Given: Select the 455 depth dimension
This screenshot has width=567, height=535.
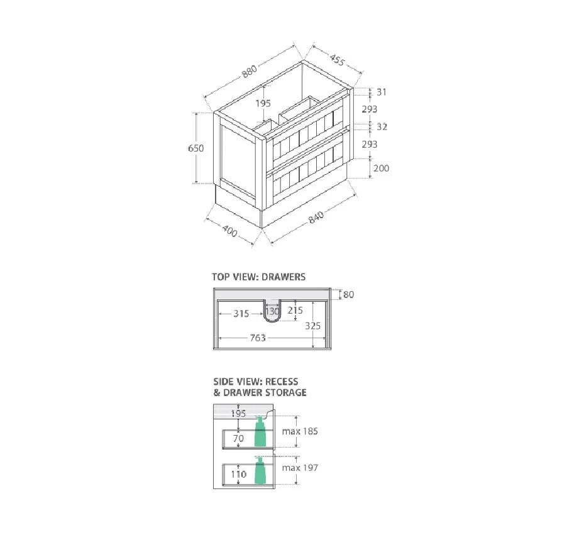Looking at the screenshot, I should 336,60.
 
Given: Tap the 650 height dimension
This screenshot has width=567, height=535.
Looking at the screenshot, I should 196,148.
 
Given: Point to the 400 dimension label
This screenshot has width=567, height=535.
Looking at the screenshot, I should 230,233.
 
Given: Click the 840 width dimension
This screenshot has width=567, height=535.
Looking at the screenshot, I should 316,217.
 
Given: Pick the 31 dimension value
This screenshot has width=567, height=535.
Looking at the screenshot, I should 382,92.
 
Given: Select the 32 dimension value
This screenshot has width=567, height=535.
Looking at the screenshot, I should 382,126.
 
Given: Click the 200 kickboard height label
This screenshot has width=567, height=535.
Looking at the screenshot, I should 382,168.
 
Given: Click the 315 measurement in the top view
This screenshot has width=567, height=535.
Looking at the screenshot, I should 241,313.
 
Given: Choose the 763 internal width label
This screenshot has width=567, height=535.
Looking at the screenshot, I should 257,338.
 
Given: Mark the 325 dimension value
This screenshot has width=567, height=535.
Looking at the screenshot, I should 313,326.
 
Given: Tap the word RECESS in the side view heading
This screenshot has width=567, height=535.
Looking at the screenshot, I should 282,382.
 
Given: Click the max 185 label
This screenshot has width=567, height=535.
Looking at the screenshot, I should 300,431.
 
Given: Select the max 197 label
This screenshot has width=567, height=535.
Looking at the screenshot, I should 300,468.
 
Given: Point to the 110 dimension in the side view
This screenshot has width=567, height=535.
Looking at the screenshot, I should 238,474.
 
